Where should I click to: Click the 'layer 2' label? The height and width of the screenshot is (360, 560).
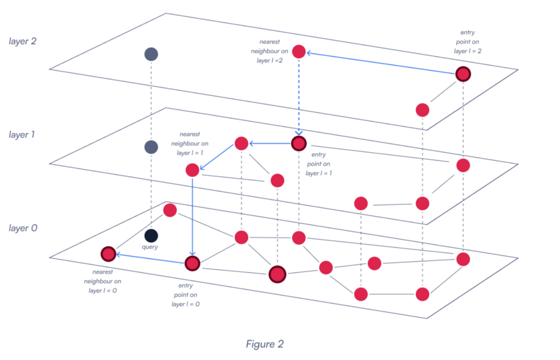click(22, 42)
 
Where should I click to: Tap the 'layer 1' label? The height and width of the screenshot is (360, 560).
click(22, 135)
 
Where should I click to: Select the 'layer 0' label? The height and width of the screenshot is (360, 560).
click(22, 228)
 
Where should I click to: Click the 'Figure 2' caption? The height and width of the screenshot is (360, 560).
click(265, 344)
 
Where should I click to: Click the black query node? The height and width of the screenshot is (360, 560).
click(151, 236)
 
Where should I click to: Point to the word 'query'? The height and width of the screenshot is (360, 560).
click(150, 247)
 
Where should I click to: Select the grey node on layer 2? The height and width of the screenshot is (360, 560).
click(151, 54)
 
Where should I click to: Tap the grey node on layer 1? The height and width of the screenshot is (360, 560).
click(151, 147)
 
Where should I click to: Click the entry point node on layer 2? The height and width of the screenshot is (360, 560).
click(463, 73)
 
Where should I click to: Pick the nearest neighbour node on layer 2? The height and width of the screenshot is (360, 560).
click(299, 51)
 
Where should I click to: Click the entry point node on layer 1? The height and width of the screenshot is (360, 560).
click(299, 144)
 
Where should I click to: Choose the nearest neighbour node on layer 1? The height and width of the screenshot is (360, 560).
click(192, 170)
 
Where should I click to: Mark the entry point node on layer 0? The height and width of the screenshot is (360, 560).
click(192, 264)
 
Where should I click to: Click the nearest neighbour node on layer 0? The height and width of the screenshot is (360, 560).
click(108, 254)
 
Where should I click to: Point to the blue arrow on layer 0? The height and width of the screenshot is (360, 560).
click(150, 259)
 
